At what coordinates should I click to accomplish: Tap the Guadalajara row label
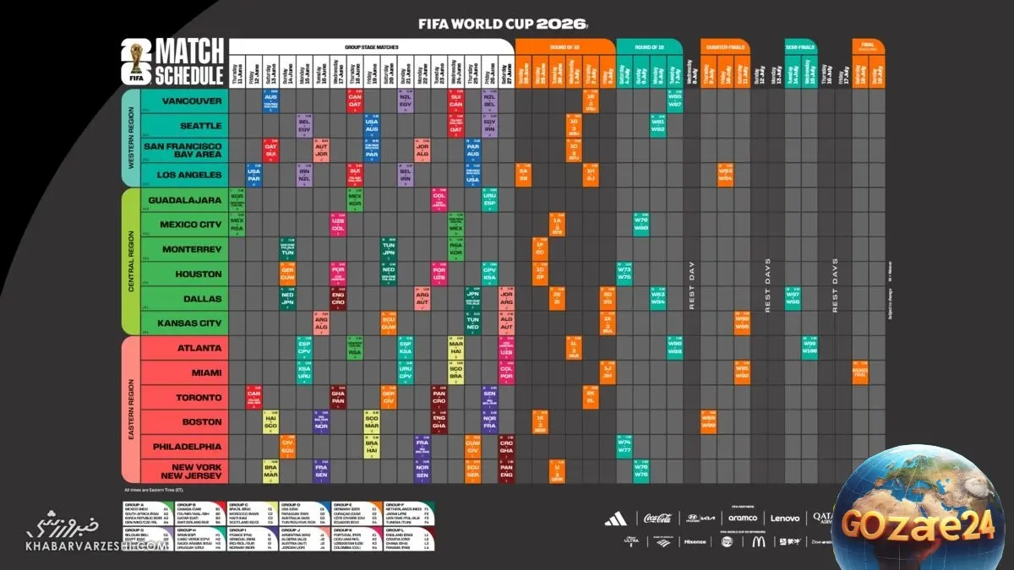point(184,200)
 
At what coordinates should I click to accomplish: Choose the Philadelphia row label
point(187,447)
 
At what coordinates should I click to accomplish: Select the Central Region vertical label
point(131,262)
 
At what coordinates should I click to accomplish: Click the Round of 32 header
point(558,47)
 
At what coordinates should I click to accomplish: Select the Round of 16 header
point(648,47)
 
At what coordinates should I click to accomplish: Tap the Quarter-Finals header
point(724,47)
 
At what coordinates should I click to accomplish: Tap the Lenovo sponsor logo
point(785,518)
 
